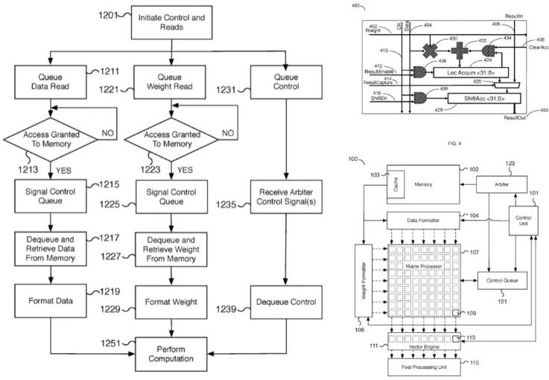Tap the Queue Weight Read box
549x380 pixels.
[x=171, y=80]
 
